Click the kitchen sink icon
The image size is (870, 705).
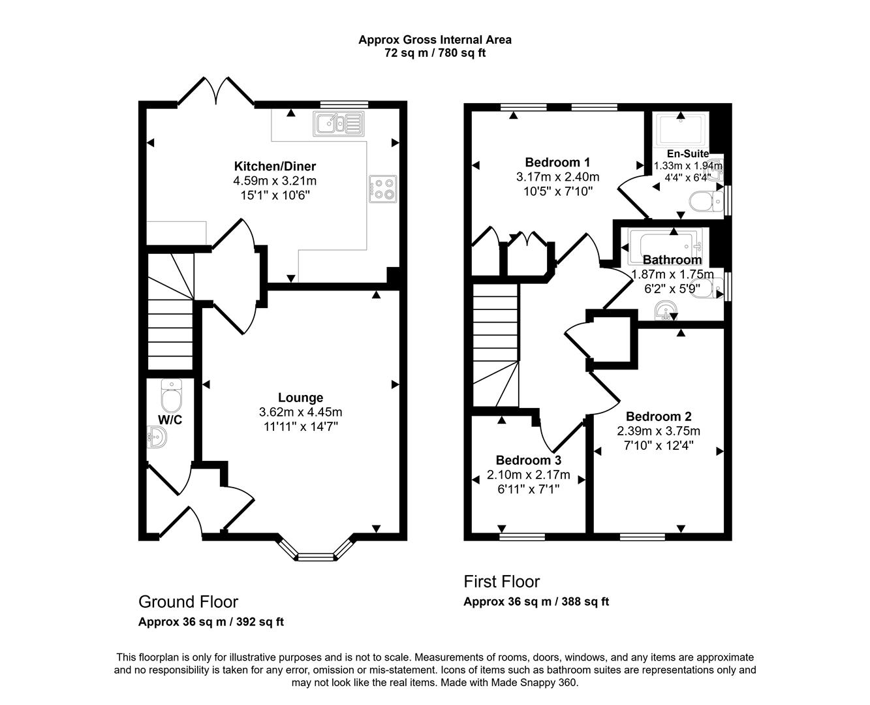tap(338, 123)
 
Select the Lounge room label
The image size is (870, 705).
tap(300, 398)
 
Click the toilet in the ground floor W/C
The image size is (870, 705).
tap(172, 396)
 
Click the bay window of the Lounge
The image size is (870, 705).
tap(315, 556)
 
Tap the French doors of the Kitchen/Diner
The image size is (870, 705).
tap(216, 91)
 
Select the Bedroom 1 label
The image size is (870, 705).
tap(557, 162)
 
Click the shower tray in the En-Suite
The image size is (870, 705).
tap(681, 130)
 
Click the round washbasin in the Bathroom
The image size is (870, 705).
tap(666, 312)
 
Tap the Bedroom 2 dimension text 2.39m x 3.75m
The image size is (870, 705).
tap(659, 431)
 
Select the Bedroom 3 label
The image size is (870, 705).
tap(528, 460)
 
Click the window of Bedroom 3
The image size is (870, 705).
tap(522, 537)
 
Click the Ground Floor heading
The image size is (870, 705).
tap(188, 601)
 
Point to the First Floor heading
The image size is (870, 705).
tap(501, 581)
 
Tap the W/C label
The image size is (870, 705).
tap(170, 420)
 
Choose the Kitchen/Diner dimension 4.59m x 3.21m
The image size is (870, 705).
tap(274, 181)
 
